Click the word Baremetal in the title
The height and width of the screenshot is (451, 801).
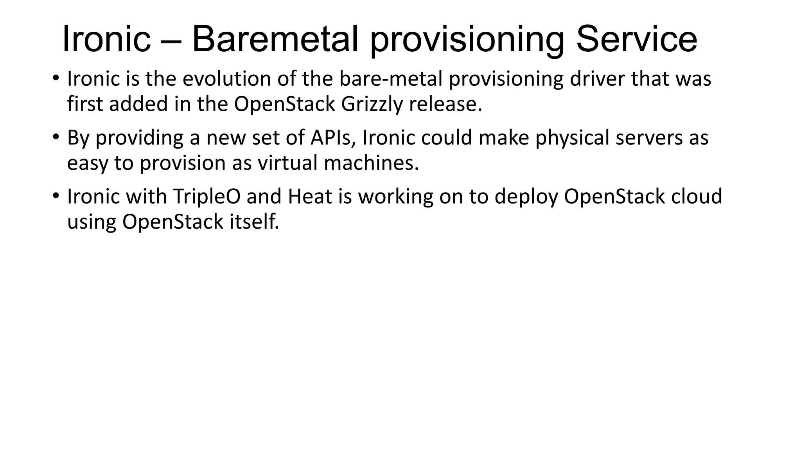tap(275, 39)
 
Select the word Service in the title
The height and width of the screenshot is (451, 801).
tap(637, 39)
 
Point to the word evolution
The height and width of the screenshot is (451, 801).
tap(227, 79)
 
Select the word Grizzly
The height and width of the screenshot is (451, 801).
tap(372, 105)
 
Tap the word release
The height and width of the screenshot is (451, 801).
tap(445, 105)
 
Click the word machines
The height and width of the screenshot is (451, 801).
tap(371, 163)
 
